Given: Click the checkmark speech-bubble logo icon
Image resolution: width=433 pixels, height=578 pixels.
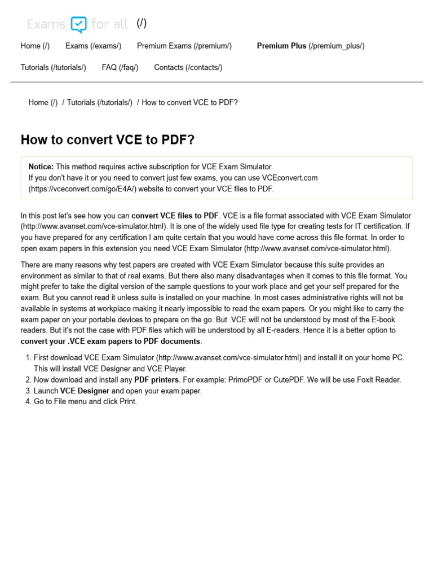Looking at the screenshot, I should coord(78,24).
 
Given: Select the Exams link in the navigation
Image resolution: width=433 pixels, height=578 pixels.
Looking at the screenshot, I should coord(93,46).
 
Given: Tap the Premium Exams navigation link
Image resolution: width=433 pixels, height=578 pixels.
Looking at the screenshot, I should coord(184,46).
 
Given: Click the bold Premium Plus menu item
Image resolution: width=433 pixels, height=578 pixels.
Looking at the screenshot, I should coord(281,46).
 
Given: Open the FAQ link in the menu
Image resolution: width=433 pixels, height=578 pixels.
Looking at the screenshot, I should coord(120,67).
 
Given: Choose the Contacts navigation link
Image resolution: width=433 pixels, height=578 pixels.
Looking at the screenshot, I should coord(188,67).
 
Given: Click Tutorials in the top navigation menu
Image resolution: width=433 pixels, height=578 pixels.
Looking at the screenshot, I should coord(53,67).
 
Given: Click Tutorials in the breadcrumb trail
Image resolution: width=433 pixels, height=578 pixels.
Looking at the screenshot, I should coord(99,102).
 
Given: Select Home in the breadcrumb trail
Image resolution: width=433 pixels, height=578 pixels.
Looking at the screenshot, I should coord(43,102).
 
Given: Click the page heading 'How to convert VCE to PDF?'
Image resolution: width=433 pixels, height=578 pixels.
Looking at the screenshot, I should coord(107,139).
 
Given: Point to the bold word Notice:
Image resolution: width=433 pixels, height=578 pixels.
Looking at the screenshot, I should coord(41,167).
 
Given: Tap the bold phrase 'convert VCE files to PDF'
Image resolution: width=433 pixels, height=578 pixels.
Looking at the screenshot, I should coord(175,216).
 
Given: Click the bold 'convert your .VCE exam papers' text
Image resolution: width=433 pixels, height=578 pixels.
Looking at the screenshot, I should coord(110,341).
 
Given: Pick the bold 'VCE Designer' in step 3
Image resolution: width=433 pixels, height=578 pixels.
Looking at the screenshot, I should coord(85,391).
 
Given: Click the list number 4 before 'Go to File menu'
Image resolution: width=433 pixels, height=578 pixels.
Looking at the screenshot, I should coord(28,401).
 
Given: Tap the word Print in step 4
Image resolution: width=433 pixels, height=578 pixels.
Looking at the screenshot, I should coord(127,401).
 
